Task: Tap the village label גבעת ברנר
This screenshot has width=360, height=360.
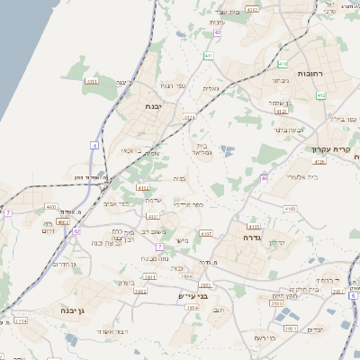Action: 286,130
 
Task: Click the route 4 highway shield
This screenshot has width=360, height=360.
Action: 94,145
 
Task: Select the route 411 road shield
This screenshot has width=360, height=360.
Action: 208,56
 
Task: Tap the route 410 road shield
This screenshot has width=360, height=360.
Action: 283,64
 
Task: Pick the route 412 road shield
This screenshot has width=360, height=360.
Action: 141,187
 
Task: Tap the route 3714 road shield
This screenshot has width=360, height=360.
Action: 19,320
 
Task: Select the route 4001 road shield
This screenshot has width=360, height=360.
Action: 49,207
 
